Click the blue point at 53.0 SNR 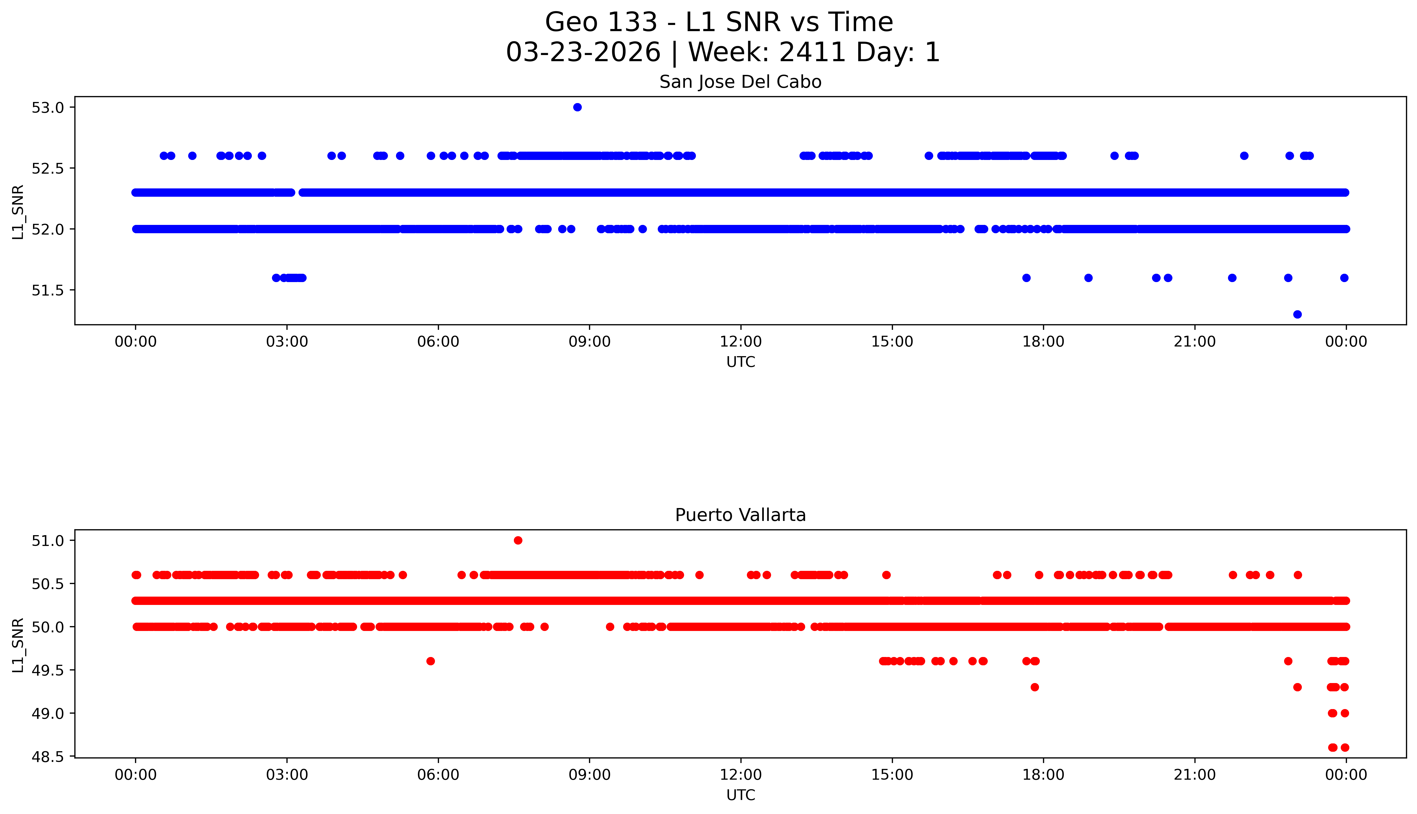[577, 107]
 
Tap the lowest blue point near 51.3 [1297, 314]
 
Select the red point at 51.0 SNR [518, 540]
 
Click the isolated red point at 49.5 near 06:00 [430, 661]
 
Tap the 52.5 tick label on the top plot [48, 168]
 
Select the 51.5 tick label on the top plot [48, 290]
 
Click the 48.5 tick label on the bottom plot [48, 756]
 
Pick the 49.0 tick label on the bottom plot [48, 713]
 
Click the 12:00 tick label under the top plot [740, 342]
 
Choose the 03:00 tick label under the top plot [287, 342]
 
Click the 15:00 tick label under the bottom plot [892, 775]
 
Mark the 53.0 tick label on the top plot [48, 107]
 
